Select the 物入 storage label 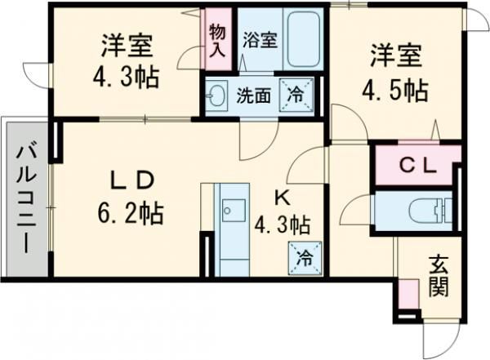point(216,38)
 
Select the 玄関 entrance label point(438,275)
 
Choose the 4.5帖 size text point(397,90)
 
